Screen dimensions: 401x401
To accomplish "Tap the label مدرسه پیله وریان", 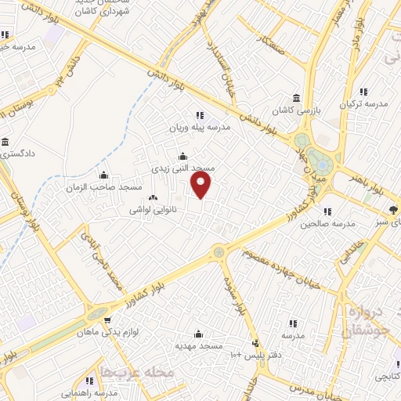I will click(x=199, y=127).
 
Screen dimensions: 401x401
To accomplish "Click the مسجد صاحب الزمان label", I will click(x=109, y=187).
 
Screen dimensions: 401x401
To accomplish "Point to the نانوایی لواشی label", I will click(x=157, y=211).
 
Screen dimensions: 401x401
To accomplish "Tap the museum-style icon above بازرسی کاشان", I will click(x=296, y=98).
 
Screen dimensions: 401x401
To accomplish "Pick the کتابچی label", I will click(x=385, y=377).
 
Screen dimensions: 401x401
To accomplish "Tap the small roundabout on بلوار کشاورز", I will click(x=218, y=252).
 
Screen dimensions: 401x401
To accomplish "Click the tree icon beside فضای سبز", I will click(x=392, y=209).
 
